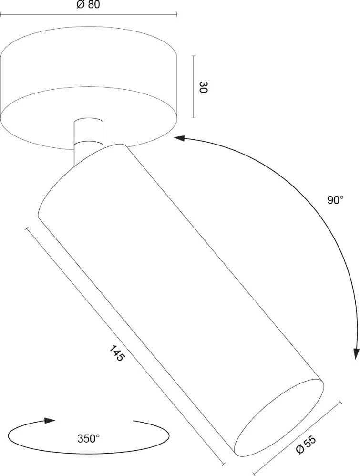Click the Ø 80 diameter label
88,5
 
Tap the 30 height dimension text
203,87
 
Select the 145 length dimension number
117,353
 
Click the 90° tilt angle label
335,200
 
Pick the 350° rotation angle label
88,438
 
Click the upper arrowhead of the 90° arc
179,138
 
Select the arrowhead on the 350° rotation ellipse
50,421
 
